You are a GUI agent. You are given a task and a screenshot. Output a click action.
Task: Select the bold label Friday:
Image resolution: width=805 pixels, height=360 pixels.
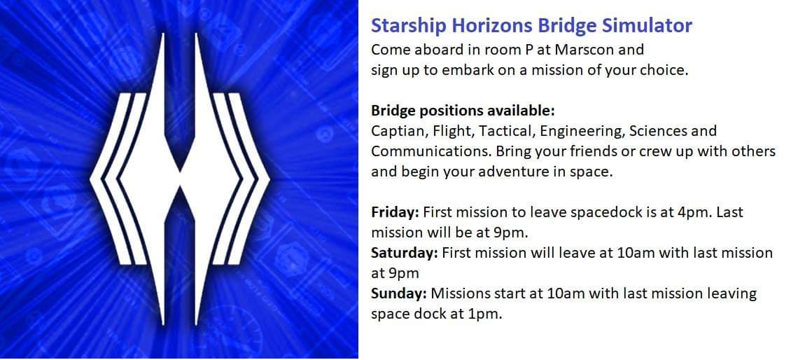[x=395, y=212]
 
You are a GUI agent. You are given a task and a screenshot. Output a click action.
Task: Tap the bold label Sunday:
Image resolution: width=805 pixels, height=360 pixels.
[x=398, y=293]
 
